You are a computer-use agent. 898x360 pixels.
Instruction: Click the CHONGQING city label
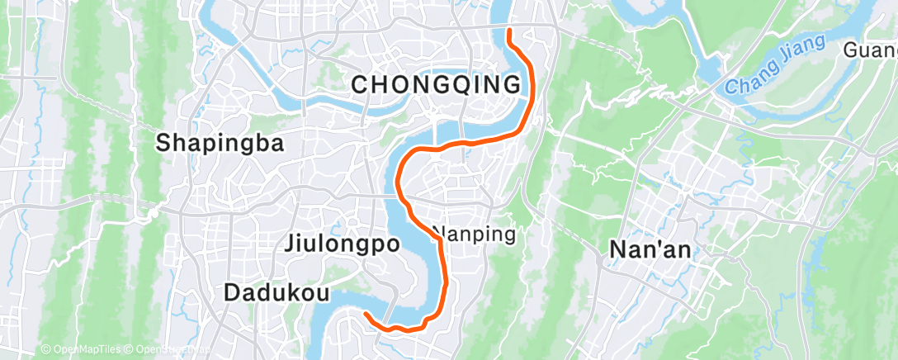(437, 84)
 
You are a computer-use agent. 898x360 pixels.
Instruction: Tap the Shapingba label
(220, 144)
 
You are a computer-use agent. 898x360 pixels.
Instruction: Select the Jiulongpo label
(342, 244)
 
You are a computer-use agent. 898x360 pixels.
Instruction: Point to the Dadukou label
(277, 293)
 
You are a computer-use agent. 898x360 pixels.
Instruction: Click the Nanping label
(475, 234)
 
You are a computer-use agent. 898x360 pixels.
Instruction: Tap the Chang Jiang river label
(776, 64)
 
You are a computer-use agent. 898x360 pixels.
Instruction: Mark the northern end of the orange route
(508, 31)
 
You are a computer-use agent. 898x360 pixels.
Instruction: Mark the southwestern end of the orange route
(365, 312)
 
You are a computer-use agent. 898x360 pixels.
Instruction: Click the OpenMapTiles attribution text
(83, 350)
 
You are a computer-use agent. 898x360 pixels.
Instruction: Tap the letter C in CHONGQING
(360, 84)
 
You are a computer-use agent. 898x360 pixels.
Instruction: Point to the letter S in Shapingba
(164, 144)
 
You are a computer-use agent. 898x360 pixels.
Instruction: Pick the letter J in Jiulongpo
(290, 244)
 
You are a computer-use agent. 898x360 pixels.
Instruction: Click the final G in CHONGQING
(513, 84)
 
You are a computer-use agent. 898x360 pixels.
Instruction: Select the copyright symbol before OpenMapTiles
(45, 350)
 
